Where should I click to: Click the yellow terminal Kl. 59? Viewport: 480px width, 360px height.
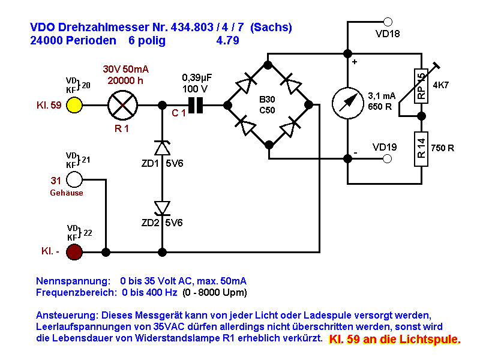[x=74, y=105]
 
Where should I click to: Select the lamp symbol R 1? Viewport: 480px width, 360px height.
[x=123, y=105]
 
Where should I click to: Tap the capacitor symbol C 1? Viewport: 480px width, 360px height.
[x=195, y=105]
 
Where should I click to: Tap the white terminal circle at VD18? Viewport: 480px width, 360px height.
[x=388, y=22]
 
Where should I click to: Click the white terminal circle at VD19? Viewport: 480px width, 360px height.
[x=388, y=159]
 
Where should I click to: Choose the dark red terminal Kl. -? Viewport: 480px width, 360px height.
[x=74, y=252]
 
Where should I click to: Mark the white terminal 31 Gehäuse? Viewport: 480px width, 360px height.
[x=74, y=179]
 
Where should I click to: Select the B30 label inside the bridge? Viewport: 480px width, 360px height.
[x=267, y=100]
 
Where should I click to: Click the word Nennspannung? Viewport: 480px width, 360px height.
[x=73, y=281]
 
